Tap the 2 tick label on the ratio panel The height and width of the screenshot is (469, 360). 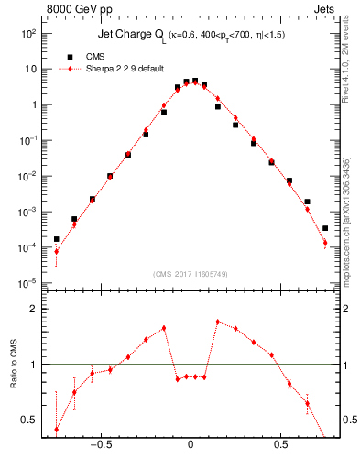point(33,309)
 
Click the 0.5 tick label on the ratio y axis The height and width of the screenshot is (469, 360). point(29,420)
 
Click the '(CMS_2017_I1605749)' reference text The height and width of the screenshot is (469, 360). point(190,273)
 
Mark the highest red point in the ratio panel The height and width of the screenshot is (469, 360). point(217,322)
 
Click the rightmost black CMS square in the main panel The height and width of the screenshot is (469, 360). point(325,228)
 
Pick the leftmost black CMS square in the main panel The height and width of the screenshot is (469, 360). point(56,239)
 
